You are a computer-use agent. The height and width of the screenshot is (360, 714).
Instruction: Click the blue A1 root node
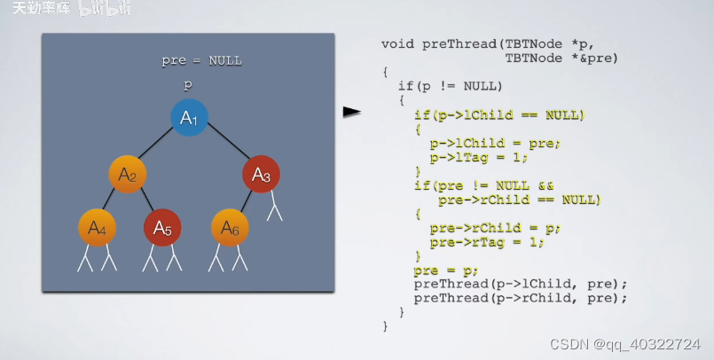189,118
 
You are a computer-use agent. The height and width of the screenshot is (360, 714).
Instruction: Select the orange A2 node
127,174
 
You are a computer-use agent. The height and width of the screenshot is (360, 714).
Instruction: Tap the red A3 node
261,174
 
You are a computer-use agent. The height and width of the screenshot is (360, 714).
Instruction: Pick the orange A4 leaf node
97,228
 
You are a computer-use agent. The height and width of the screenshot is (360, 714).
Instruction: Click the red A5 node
162,228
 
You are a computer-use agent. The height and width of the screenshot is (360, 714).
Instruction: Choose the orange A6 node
230,228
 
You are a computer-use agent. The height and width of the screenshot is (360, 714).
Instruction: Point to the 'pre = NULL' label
201,61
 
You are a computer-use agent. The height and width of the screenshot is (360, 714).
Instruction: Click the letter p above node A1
188,85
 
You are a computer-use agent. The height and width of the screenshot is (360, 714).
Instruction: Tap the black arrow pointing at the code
353,112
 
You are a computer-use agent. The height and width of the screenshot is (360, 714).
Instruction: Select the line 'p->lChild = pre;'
496,143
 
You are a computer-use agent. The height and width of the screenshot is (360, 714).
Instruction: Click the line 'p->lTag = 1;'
478,157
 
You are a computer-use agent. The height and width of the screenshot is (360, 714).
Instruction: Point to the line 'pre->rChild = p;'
496,228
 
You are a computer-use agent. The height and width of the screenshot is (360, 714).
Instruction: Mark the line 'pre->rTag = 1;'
485,242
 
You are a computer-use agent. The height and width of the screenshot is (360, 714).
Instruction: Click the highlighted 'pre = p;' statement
446,270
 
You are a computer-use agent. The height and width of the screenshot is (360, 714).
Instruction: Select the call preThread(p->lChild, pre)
520,284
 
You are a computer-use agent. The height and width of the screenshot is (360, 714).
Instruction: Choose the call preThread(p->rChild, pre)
520,298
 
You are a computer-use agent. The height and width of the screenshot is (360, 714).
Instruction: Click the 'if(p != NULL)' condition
451,86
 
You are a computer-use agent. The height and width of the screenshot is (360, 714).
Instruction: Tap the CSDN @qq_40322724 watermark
625,343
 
